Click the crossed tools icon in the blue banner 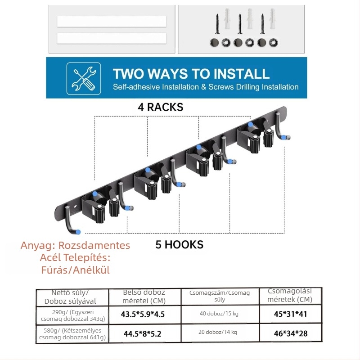(x=84, y=78)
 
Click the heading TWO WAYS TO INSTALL (x=191, y=74)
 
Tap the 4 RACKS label (x=161, y=107)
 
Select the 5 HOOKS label (x=179, y=245)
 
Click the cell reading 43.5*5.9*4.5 (x=143, y=314)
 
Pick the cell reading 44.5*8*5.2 (x=142, y=333)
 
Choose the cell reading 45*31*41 (x=290, y=314)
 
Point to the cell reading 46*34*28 (x=291, y=333)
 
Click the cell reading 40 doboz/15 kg (x=219, y=314)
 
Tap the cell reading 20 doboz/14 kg (x=218, y=332)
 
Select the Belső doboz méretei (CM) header (x=144, y=297)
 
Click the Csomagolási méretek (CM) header (x=290, y=295)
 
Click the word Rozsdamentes (x=94, y=245)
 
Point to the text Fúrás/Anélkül (x=75, y=270)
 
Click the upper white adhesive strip (x=112, y=22)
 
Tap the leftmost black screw (x=217, y=24)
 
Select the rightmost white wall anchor (x=273, y=18)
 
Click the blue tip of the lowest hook (x=78, y=232)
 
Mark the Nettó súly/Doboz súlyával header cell (x=72, y=297)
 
